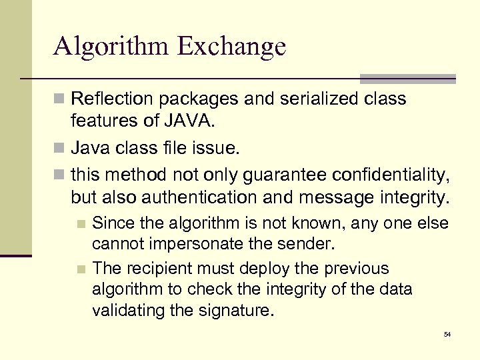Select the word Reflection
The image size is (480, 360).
(x=109, y=99)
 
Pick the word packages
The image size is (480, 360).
(x=197, y=99)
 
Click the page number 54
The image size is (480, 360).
(x=447, y=334)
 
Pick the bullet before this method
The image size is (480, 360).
(x=59, y=175)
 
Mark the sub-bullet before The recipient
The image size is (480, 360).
(x=81, y=269)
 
